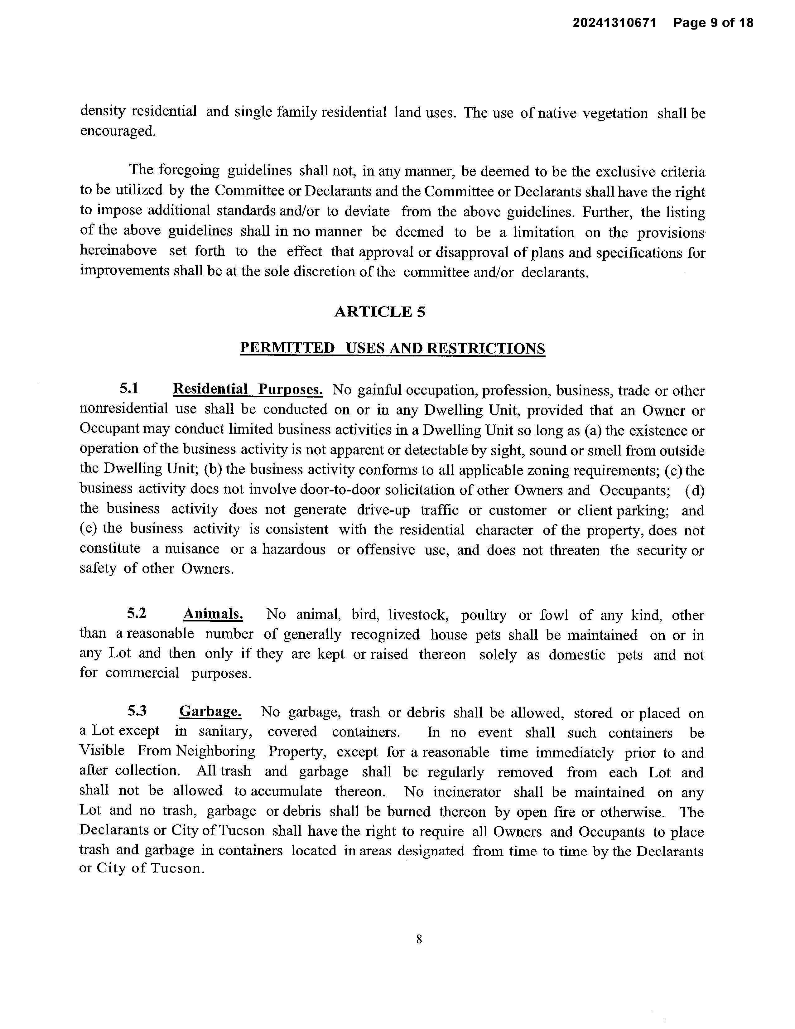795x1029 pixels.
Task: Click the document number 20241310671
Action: point(614,23)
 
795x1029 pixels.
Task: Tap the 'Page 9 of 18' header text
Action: point(713,23)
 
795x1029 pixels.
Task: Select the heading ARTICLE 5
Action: point(380,312)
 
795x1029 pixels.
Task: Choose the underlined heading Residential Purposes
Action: point(248,390)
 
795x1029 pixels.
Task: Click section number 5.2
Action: point(137,613)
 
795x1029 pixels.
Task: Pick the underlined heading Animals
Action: point(213,614)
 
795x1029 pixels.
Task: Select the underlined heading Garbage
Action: point(210,712)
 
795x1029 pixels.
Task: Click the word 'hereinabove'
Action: point(118,251)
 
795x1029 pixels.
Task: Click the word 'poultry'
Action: point(484,615)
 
